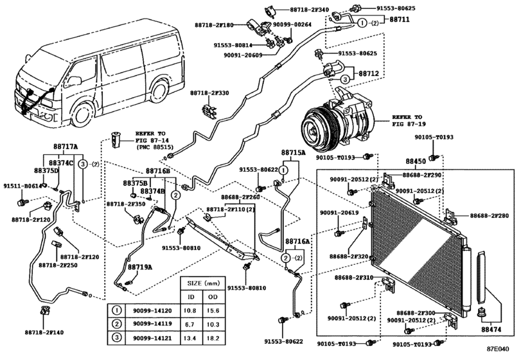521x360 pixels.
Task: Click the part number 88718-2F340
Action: [x=309, y=10]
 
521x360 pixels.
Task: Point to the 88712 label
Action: [x=368, y=74]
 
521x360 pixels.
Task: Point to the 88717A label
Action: [x=65, y=147]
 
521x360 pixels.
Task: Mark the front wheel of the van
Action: [x=81, y=114]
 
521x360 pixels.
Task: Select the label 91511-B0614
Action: [x=22, y=186]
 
